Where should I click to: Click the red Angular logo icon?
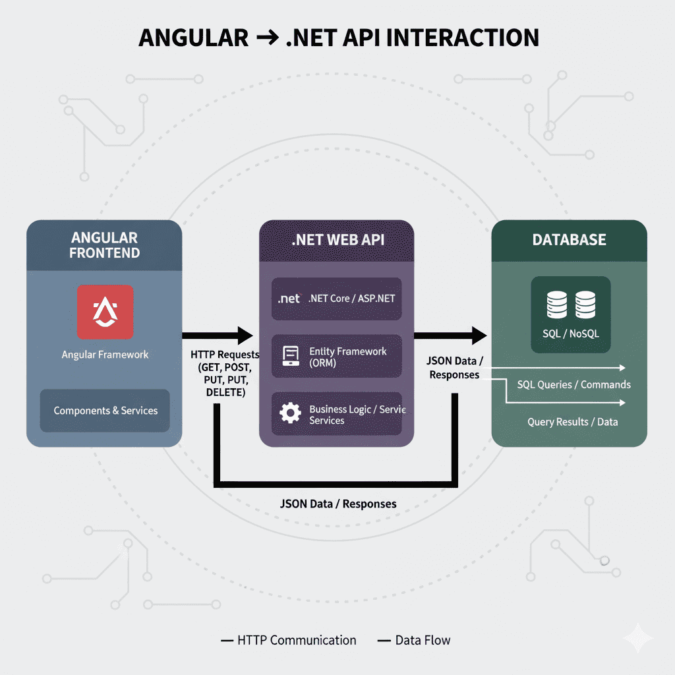105,311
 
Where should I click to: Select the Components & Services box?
105,410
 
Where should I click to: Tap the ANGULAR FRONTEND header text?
104,245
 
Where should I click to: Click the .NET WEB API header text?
337,239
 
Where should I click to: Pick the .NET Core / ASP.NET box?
336,299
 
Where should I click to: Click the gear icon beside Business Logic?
290,413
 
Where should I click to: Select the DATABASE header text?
569,239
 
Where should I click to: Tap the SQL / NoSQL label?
571,334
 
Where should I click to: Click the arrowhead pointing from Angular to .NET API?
245,335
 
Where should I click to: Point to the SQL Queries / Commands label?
573,384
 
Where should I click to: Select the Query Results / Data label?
572,421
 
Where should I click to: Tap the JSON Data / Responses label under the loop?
338,504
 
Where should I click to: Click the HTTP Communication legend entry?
296,640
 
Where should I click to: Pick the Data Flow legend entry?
422,640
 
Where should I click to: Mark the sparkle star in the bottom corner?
638,637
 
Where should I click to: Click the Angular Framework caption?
105,355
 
